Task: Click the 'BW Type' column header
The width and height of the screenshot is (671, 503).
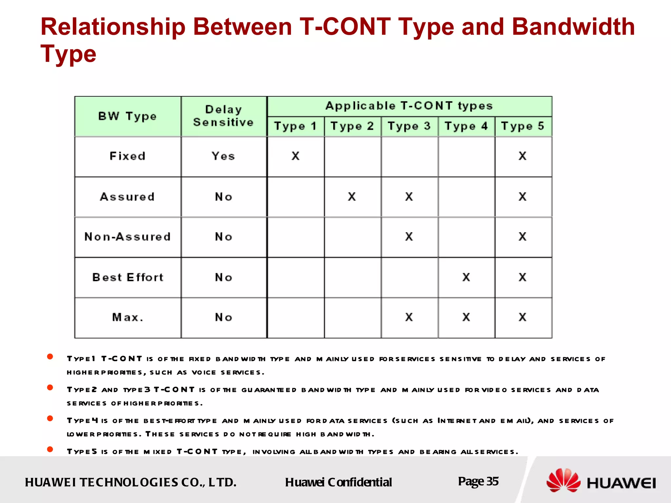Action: (x=127, y=116)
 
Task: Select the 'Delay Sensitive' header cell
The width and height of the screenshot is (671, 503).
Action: (x=223, y=116)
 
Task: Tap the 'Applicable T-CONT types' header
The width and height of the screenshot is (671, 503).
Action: (x=409, y=106)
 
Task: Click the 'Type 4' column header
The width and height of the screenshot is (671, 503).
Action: (x=466, y=126)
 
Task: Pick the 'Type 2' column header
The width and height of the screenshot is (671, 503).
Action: (x=352, y=126)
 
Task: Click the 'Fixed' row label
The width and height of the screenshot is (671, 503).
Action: (x=127, y=156)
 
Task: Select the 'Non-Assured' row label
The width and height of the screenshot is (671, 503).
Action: (x=127, y=237)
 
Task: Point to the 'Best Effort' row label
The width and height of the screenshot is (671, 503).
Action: (x=127, y=277)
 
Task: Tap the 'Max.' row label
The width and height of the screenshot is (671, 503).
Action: (x=127, y=317)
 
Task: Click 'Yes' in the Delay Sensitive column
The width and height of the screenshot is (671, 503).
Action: (x=223, y=156)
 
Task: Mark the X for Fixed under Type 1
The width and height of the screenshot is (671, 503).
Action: (x=296, y=156)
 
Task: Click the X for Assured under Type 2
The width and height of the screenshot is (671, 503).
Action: (x=352, y=196)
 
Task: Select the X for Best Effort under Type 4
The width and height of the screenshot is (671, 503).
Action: (x=466, y=277)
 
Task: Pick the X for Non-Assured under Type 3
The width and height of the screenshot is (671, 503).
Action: (x=409, y=236)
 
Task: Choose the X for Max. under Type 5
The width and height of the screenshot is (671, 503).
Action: (x=523, y=317)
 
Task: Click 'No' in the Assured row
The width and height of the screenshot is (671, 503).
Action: (x=223, y=197)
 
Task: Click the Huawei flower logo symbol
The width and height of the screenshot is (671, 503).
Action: (x=563, y=480)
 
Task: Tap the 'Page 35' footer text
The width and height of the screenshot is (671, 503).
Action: (x=478, y=481)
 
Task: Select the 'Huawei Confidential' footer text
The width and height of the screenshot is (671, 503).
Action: (x=338, y=482)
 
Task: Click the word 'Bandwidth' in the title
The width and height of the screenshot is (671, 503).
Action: (x=573, y=27)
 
